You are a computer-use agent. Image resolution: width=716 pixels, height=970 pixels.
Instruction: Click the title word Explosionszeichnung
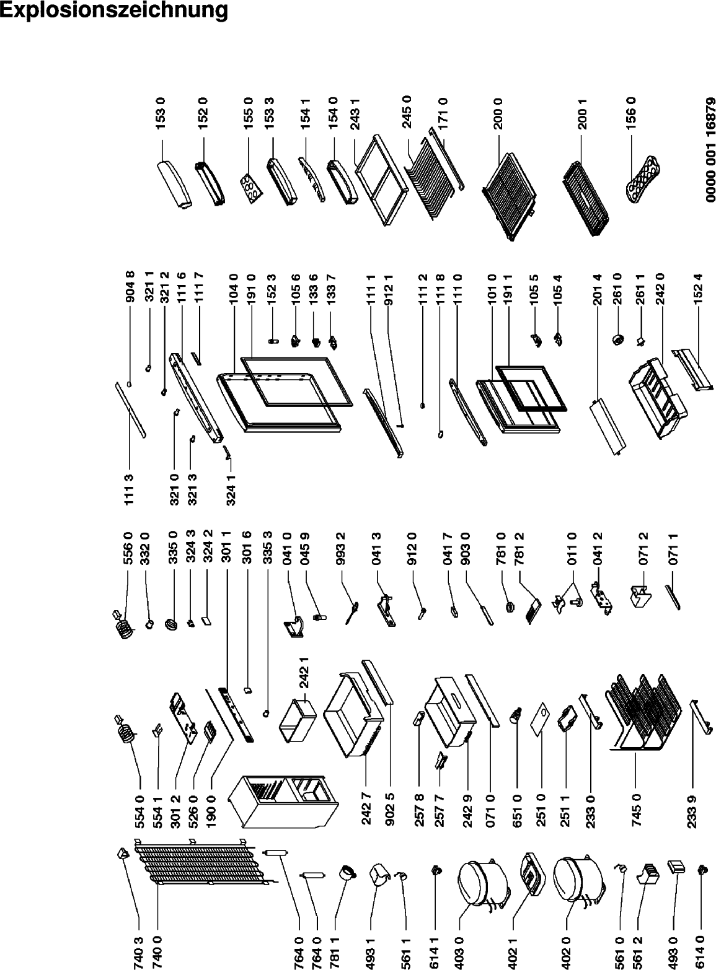click(113, 11)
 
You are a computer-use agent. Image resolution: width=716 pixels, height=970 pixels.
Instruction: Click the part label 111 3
click(129, 489)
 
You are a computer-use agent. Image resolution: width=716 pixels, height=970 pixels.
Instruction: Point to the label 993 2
click(342, 548)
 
